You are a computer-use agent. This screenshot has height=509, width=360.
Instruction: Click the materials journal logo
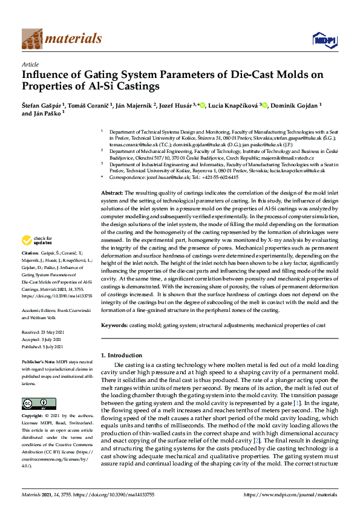click(62, 39)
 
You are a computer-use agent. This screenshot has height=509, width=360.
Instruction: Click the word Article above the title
click(30, 64)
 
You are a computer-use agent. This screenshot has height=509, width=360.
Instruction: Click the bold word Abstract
click(111, 192)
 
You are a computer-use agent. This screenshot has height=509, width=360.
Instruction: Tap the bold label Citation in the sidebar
click(30, 269)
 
